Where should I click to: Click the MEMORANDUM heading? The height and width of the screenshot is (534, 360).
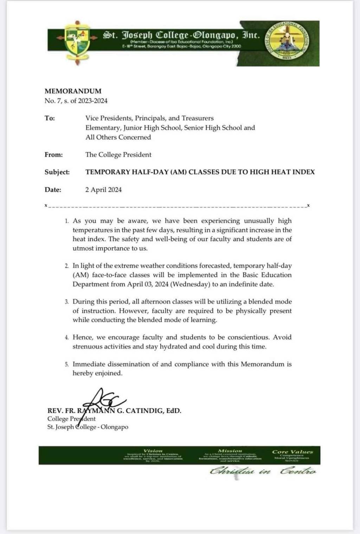[x=73, y=91]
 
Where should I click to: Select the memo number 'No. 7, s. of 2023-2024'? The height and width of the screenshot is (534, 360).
[x=76, y=101]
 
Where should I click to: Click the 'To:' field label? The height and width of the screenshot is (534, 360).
[x=50, y=118]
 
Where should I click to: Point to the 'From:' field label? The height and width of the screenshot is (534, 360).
[x=53, y=155]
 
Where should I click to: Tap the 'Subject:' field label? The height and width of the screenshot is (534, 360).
[x=57, y=172]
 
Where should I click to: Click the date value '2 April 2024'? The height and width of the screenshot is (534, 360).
[x=103, y=190]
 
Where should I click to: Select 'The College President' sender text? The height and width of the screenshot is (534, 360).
[x=118, y=155]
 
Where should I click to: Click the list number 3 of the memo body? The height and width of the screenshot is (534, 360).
[x=66, y=302]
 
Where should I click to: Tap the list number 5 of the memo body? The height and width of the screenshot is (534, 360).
[x=66, y=365]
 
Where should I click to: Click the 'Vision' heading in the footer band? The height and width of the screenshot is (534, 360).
[x=153, y=451]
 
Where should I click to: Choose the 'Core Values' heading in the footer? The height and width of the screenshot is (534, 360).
[x=292, y=452]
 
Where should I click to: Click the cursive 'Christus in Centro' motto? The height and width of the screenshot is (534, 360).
[x=263, y=471]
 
